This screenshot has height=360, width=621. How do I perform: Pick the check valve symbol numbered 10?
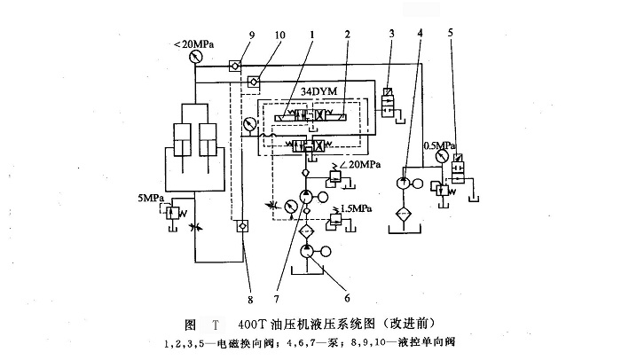(254, 81)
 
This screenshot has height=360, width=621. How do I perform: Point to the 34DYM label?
(318, 91)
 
